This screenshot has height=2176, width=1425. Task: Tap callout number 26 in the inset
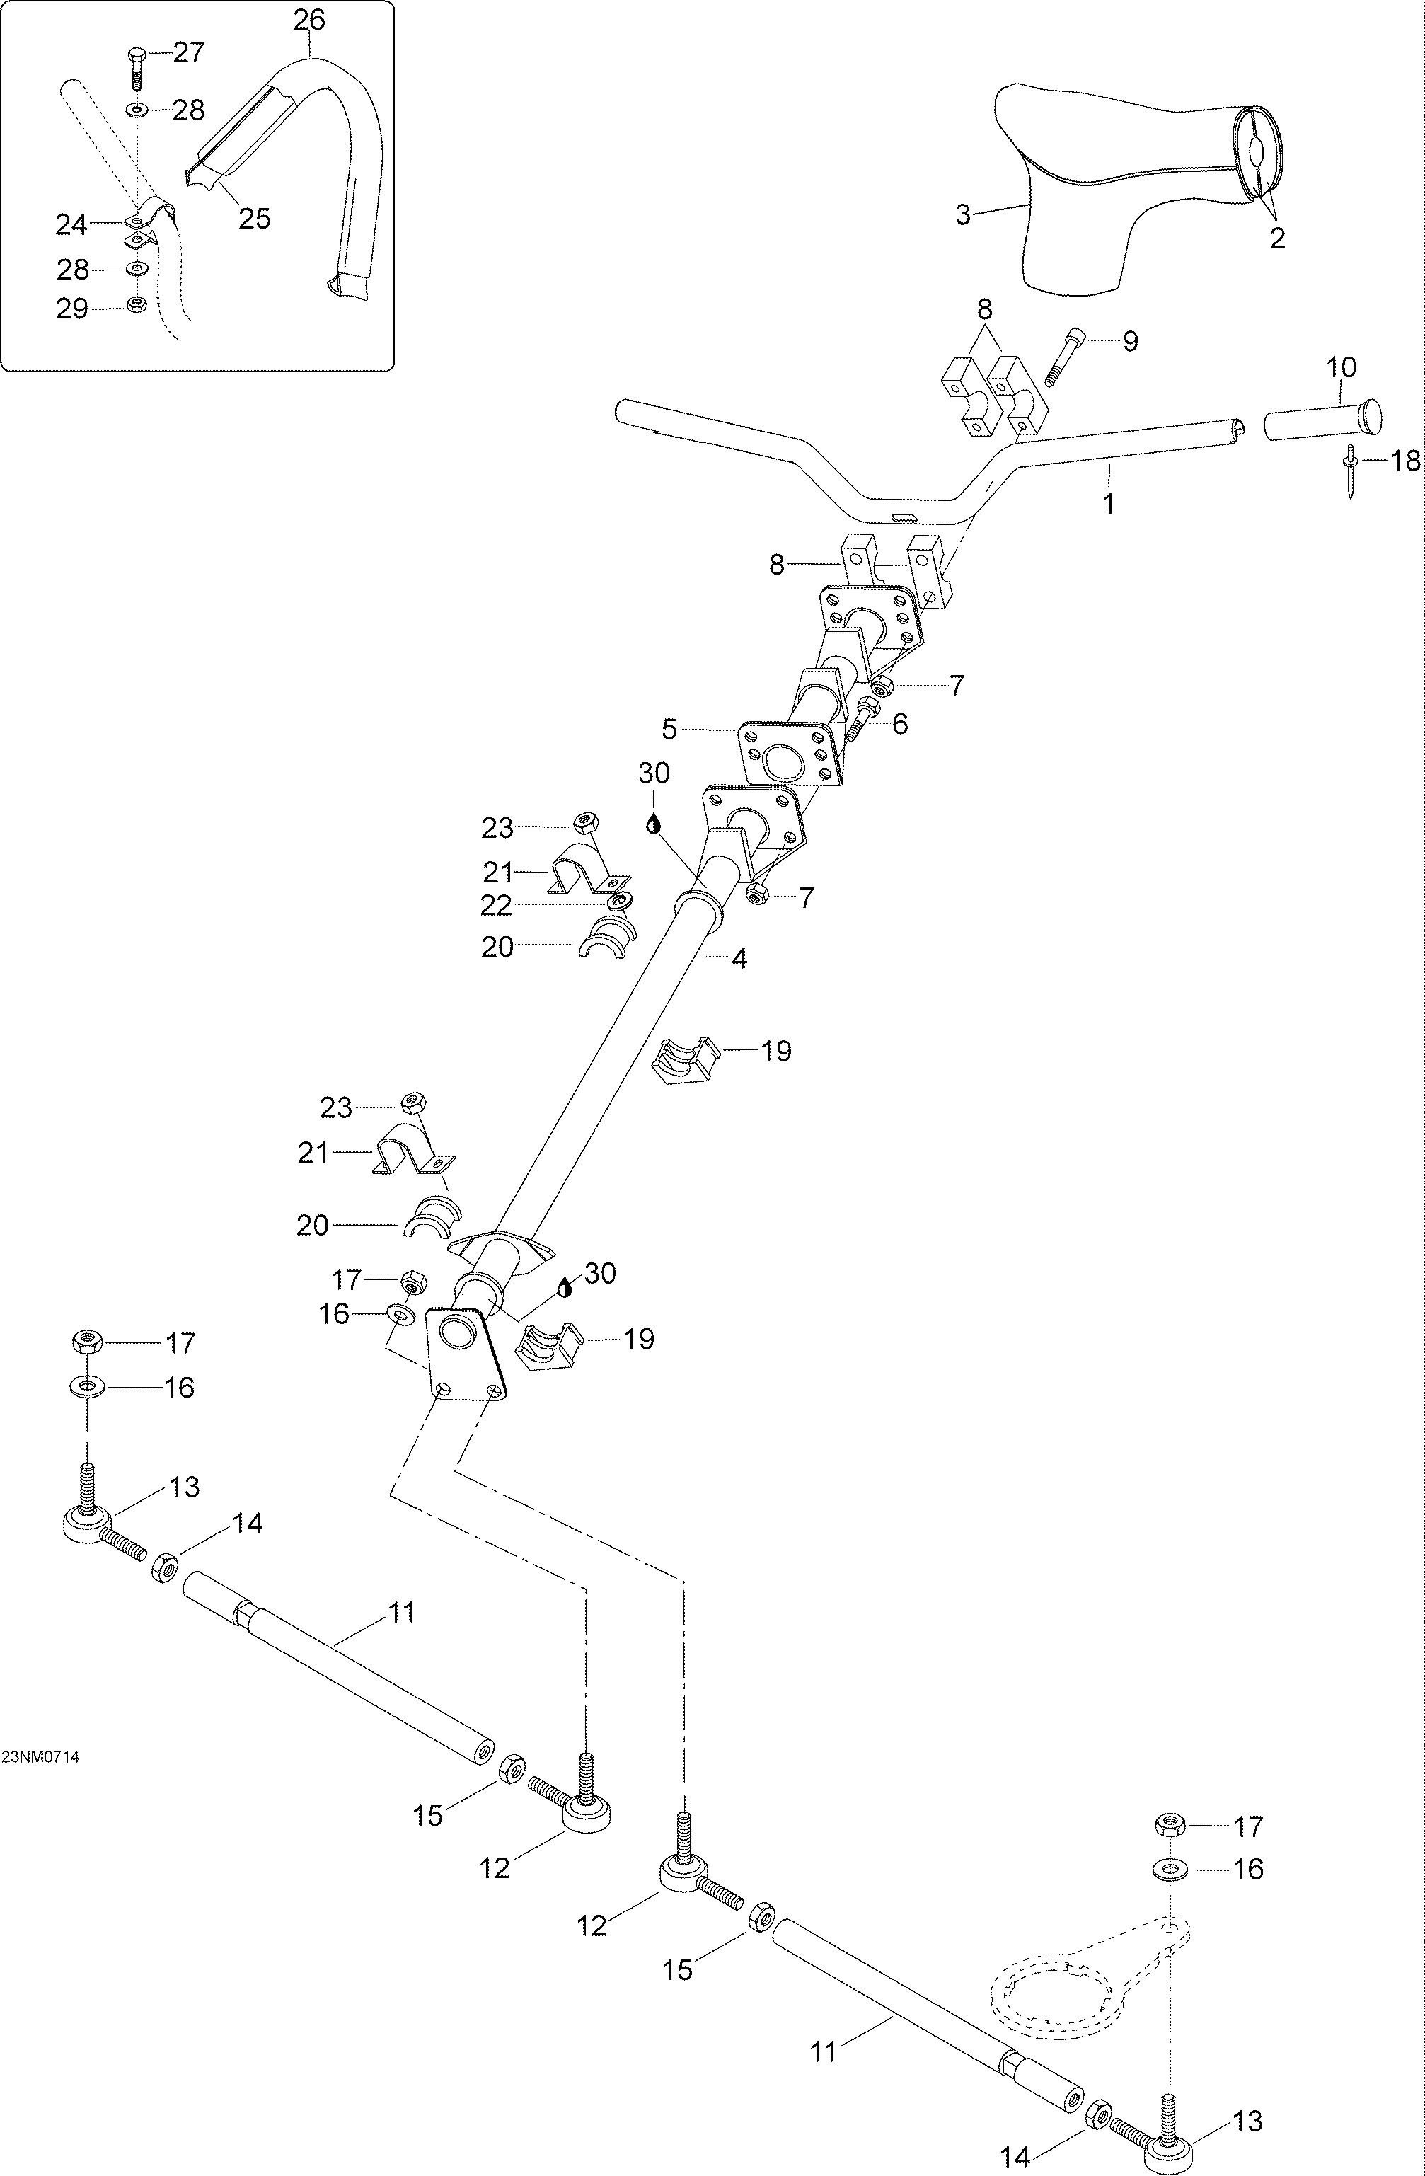coord(309,19)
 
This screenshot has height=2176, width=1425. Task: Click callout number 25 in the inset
coord(255,219)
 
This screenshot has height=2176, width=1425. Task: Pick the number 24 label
coord(71,224)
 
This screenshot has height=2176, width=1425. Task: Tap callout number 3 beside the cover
coord(962,215)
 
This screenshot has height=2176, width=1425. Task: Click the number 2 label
coord(1278,238)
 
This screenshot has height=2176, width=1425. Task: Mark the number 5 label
coord(670,730)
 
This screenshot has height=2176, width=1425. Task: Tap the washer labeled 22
coord(620,902)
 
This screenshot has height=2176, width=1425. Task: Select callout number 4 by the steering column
coord(739,959)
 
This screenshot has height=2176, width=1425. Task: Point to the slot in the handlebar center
coord(903,517)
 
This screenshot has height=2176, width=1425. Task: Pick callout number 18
coord(1405,460)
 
